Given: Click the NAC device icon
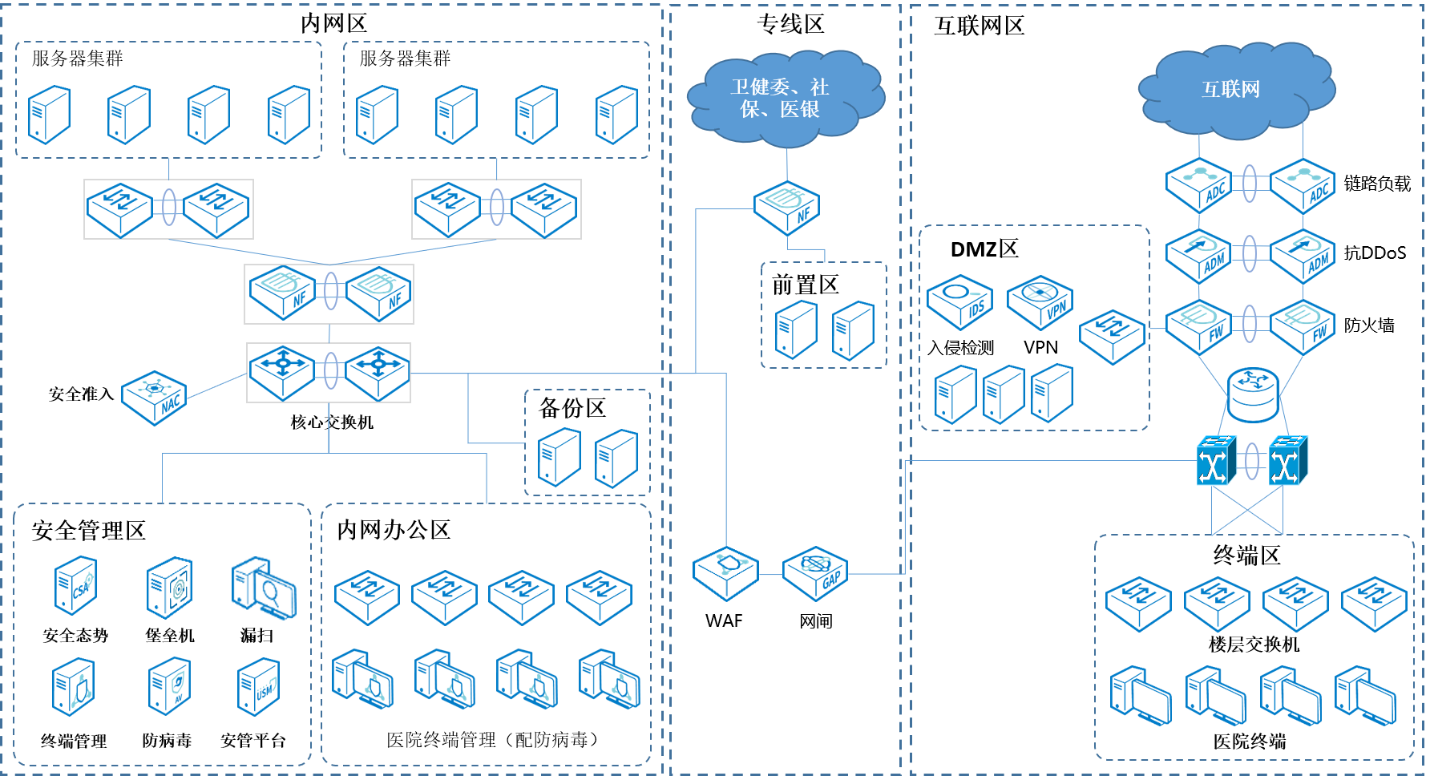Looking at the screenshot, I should point(154,398).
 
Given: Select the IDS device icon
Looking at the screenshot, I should point(959,302).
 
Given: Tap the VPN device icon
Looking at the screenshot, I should point(1040,302).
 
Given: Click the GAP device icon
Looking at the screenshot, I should point(814,573).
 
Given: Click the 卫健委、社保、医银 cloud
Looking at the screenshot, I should point(785,99).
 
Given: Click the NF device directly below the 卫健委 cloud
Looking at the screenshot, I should point(786,208).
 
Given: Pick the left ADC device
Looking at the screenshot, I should point(1198,185).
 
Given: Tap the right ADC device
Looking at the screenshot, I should point(1303,185).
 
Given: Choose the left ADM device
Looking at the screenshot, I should point(1198,256).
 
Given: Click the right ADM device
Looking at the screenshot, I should point(1303,256).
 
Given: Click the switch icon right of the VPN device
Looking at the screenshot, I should point(1112,336).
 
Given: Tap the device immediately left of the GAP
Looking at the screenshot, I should point(725,573).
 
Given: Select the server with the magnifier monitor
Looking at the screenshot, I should point(263,588).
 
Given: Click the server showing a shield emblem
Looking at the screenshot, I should point(169,685).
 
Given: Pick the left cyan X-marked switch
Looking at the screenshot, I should point(1216,461).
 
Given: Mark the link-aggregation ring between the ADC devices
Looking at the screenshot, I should point(1250,184).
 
